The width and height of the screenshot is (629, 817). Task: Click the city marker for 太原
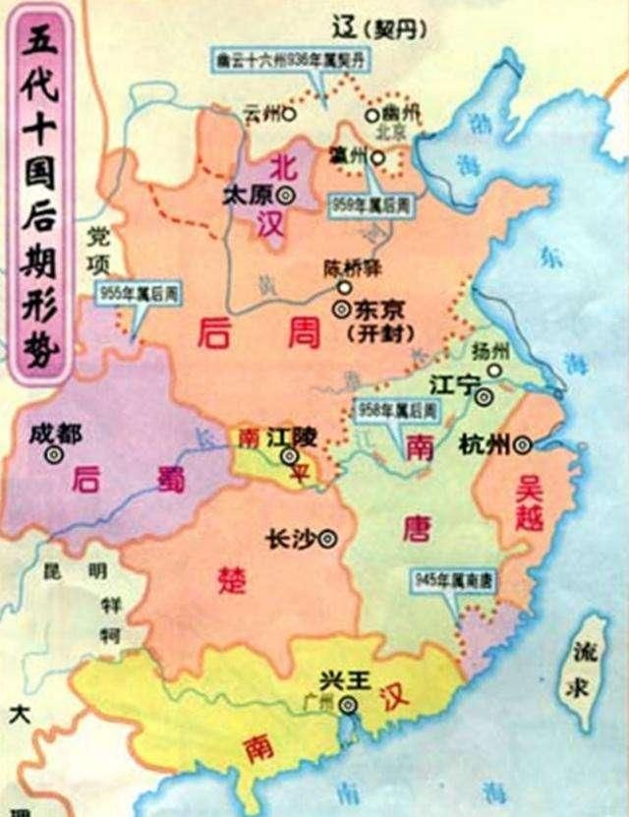(286, 194)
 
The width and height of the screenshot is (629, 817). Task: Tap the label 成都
(55, 433)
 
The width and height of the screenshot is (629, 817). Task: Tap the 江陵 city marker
(289, 456)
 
